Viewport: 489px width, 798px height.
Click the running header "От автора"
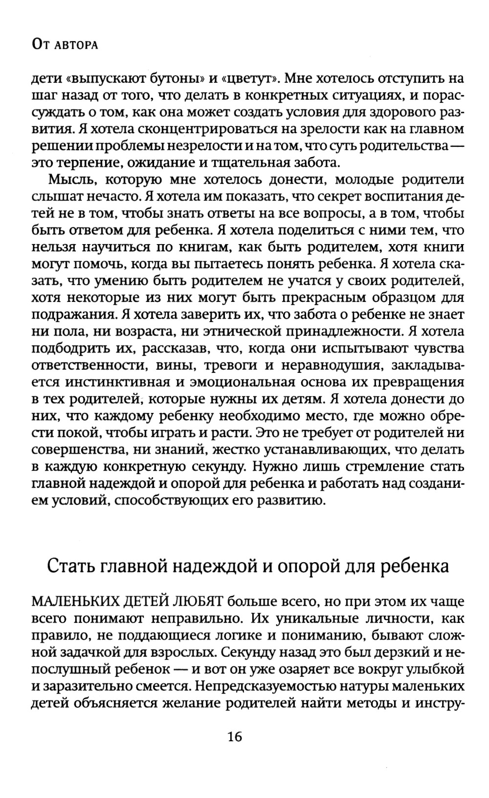click(x=65, y=45)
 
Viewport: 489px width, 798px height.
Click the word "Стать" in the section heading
click(x=70, y=566)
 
